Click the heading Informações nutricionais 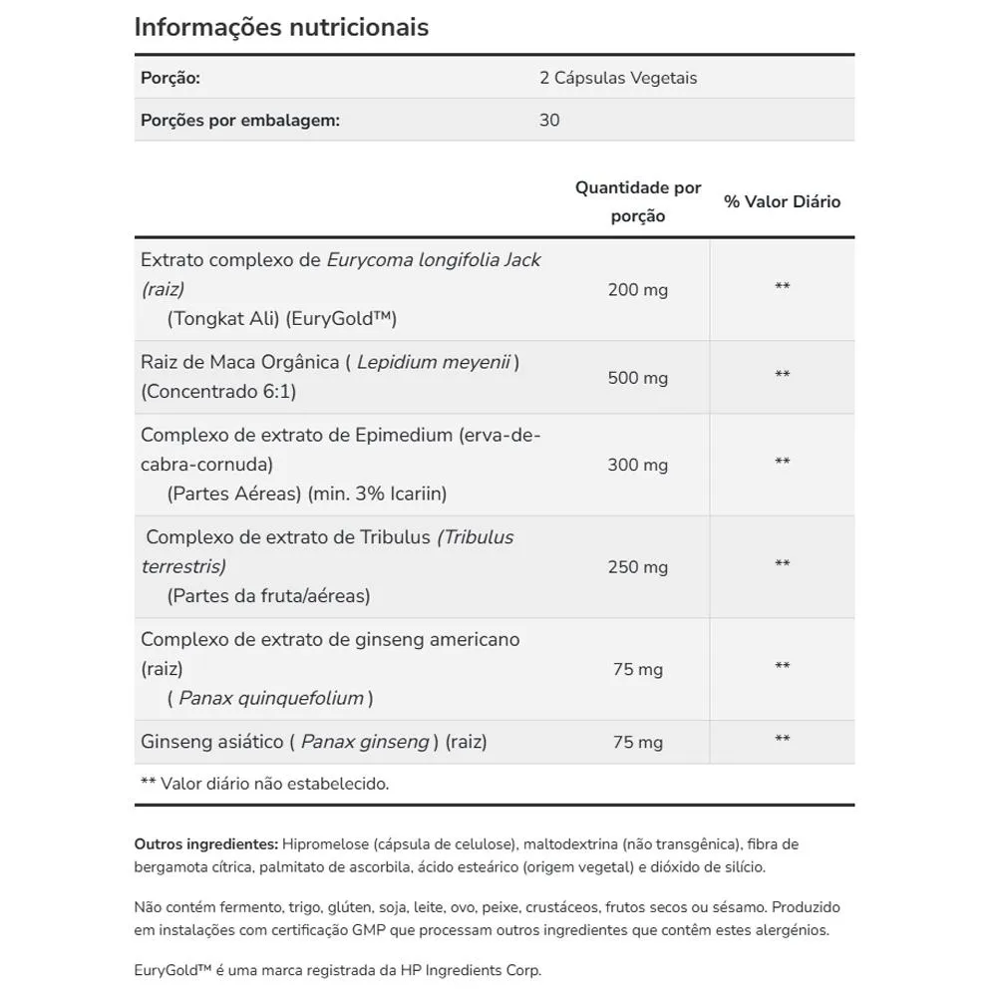(x=281, y=27)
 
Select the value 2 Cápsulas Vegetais (x=618, y=78)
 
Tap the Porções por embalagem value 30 (x=549, y=121)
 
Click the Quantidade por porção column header (x=638, y=201)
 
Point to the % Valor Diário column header (x=783, y=201)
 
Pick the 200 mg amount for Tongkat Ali (x=638, y=290)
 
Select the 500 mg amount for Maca (x=638, y=378)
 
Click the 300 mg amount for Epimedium (x=638, y=466)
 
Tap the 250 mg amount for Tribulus (x=638, y=567)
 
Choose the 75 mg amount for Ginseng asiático (x=638, y=743)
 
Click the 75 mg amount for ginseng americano (x=638, y=670)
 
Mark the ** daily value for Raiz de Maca (x=783, y=376)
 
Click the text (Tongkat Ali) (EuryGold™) (x=282, y=319)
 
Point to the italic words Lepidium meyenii (x=434, y=362)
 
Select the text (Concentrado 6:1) (x=218, y=391)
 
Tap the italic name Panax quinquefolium (x=271, y=698)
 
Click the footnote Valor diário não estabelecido (x=274, y=784)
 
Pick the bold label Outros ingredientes (x=206, y=844)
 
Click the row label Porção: (x=170, y=78)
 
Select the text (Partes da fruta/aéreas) (x=268, y=596)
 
